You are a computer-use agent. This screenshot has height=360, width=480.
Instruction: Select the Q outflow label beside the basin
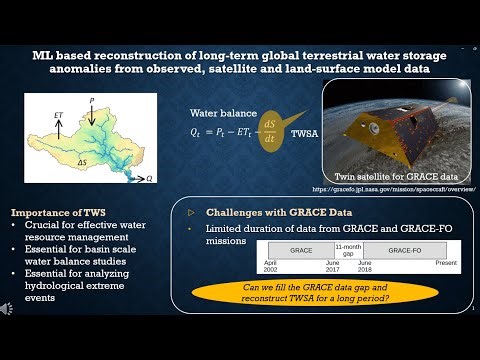[149, 178]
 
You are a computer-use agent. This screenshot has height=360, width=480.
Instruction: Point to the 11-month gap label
[348, 248]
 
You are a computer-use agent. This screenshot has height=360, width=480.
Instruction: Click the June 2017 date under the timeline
[332, 267]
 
